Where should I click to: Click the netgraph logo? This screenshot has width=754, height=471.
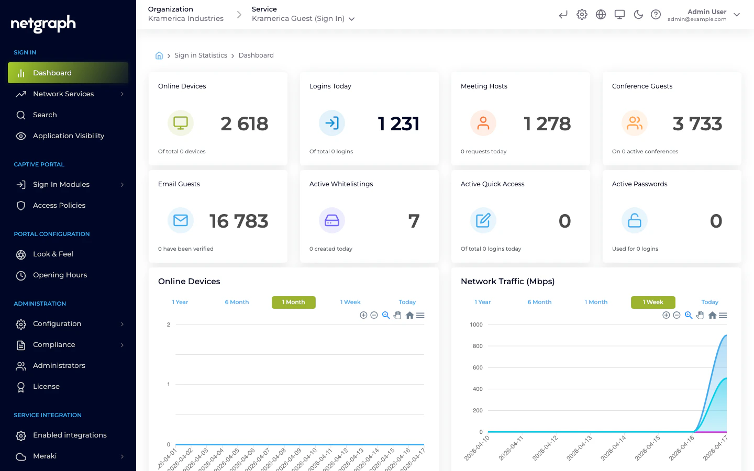pyautogui.click(x=43, y=24)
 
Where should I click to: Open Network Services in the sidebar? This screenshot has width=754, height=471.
pyautogui.click(x=63, y=94)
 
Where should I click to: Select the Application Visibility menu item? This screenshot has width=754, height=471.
pyautogui.click(x=68, y=136)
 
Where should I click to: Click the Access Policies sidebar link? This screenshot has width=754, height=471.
pyautogui.click(x=59, y=206)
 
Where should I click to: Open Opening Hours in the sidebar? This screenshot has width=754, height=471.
pyautogui.click(x=60, y=275)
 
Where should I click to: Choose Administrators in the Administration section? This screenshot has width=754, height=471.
pyautogui.click(x=59, y=366)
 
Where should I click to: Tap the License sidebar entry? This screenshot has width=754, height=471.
pyautogui.click(x=46, y=387)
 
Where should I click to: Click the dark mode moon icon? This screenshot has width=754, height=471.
pyautogui.click(x=638, y=15)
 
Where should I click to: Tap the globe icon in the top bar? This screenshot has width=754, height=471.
pyautogui.click(x=601, y=15)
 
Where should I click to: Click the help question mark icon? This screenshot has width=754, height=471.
pyautogui.click(x=656, y=15)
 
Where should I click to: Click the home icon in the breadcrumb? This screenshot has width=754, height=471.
pyautogui.click(x=159, y=55)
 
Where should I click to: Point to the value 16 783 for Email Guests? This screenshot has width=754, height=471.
pyautogui.click(x=239, y=221)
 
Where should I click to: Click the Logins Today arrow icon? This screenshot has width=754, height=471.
pyautogui.click(x=332, y=124)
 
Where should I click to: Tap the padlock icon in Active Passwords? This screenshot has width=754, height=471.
pyautogui.click(x=634, y=221)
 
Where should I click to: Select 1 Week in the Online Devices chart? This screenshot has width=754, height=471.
pyautogui.click(x=350, y=302)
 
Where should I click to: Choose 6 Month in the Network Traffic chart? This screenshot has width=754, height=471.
pyautogui.click(x=539, y=302)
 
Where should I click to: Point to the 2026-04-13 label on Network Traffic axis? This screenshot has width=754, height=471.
pyautogui.click(x=580, y=447)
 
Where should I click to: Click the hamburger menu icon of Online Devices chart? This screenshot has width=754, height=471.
pyautogui.click(x=420, y=316)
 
